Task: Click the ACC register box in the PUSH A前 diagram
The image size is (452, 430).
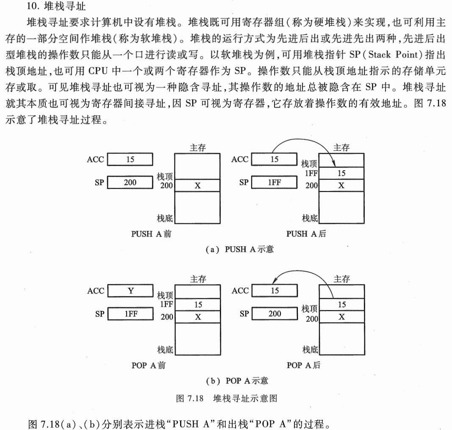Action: tap(130, 159)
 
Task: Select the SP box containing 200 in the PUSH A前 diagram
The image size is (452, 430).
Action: tap(130, 183)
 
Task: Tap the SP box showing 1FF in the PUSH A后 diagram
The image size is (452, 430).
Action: tap(274, 183)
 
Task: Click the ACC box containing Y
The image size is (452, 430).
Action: tap(130, 291)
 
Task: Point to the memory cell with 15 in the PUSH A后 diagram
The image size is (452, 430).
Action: tap(341, 173)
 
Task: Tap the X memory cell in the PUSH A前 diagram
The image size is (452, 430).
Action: tap(197, 185)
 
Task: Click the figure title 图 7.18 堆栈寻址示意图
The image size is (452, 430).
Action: tap(226, 398)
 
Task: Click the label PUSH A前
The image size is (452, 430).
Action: tap(151, 234)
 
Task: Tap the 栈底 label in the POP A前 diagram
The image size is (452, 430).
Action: tap(165, 350)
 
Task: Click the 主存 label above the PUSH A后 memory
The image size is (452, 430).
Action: tap(341, 147)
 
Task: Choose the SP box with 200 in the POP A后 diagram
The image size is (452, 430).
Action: tap(275, 314)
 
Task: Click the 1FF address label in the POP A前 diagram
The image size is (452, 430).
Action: tap(166, 304)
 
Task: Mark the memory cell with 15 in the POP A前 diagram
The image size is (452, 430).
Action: tap(198, 304)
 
